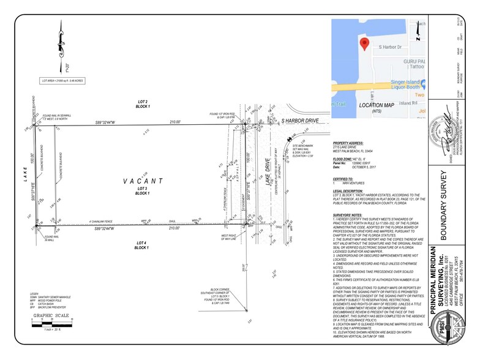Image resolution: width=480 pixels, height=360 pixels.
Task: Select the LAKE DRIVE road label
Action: pyautogui.click(x=266, y=181)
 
